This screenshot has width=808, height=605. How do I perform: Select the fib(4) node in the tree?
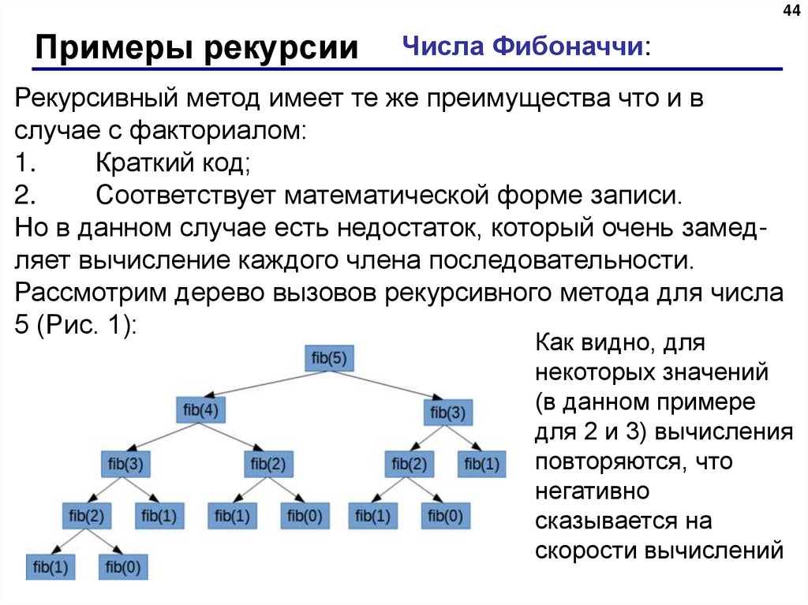click(x=200, y=410)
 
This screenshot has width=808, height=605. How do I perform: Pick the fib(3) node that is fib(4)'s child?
click(x=124, y=464)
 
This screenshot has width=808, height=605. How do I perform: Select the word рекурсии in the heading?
click(x=282, y=48)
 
